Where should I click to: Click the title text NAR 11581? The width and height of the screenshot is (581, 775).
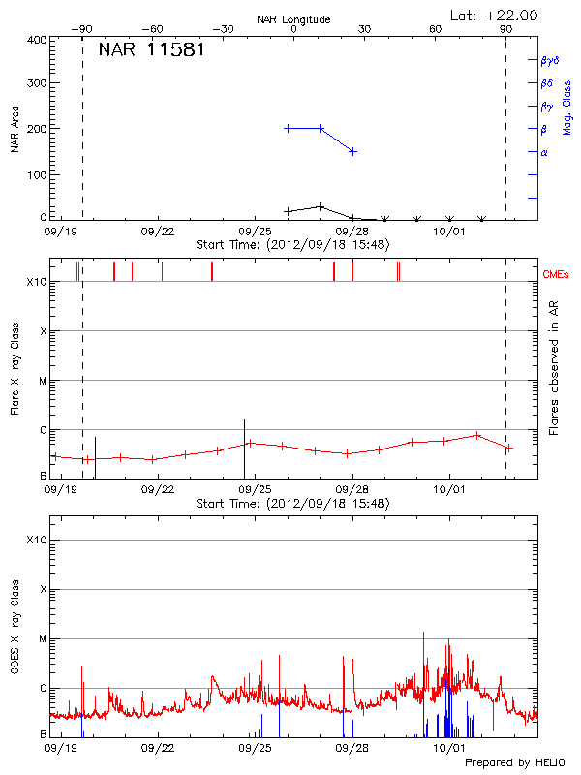[151, 49]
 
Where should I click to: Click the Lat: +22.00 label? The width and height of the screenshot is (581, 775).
[495, 15]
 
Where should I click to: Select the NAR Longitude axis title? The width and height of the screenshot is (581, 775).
[293, 19]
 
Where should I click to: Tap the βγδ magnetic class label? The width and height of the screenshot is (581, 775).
[549, 60]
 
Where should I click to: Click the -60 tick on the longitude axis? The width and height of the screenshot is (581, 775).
[153, 29]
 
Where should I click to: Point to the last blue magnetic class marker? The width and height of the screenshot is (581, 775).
[353, 151]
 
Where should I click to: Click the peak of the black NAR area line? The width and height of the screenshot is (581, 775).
[321, 205]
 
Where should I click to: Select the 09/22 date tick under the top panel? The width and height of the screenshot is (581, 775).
[157, 232]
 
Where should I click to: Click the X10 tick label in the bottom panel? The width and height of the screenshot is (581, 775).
[37, 541]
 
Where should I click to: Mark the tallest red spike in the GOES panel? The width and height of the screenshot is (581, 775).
[423, 633]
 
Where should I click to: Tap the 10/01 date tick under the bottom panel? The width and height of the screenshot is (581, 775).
[449, 749]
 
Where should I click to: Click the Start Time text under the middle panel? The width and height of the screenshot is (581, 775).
[292, 504]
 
